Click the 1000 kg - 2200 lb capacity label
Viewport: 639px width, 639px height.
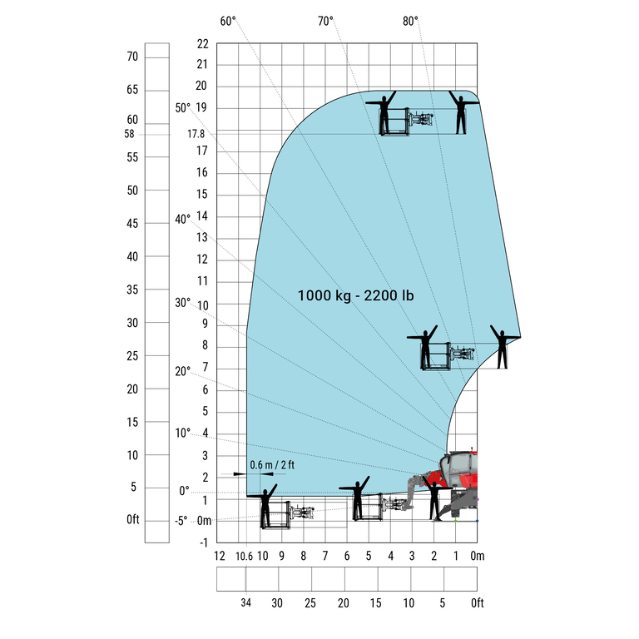click(x=355, y=295)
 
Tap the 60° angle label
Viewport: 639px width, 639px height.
click(x=228, y=21)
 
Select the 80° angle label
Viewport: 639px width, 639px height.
click(x=410, y=21)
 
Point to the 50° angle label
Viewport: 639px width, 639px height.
click(x=183, y=108)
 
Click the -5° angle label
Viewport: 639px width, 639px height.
click(x=181, y=521)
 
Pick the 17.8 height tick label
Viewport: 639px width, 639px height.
click(x=196, y=134)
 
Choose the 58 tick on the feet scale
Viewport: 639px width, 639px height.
click(x=129, y=134)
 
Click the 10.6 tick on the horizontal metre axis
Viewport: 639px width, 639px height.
click(x=244, y=557)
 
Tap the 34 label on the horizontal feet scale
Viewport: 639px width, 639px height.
click(x=245, y=602)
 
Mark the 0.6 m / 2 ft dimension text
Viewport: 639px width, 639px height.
click(x=272, y=465)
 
